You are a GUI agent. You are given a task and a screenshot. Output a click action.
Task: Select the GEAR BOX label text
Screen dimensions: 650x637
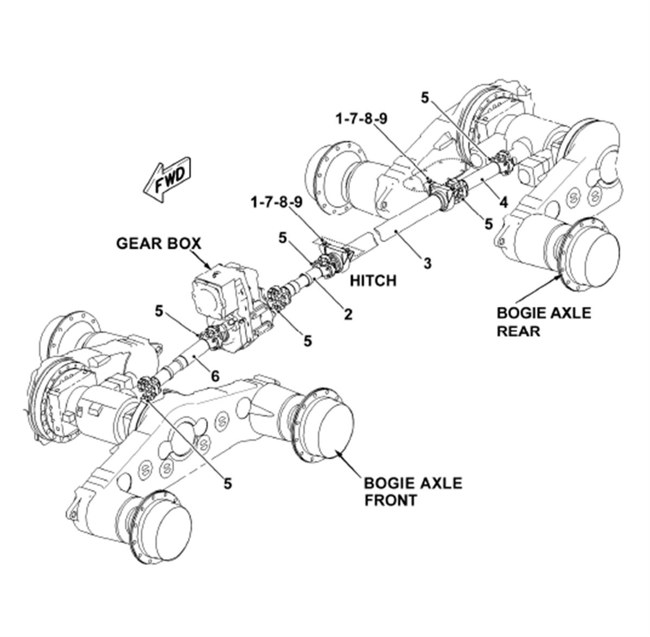[x=158, y=244]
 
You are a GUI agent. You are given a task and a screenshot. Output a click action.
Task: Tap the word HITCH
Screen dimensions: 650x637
[x=373, y=281]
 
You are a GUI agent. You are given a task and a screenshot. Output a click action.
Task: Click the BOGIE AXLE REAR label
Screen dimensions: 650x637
[x=544, y=322]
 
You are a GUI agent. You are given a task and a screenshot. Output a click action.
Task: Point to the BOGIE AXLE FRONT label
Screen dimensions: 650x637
[x=413, y=492]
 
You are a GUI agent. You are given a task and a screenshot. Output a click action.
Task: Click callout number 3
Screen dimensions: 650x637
[x=428, y=263]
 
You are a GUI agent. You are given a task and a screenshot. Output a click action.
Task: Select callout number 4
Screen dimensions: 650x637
[x=504, y=203]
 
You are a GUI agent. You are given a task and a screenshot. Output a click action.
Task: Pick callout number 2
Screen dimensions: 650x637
[x=348, y=314]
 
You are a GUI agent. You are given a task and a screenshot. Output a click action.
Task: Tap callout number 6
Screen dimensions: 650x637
[x=215, y=376]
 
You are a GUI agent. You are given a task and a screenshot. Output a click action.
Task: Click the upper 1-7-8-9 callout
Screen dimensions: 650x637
[x=361, y=119]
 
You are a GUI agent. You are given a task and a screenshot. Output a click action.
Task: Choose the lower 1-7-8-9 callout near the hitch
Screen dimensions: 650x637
[x=277, y=203]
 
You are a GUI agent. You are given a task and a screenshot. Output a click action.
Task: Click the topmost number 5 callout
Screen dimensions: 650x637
[x=425, y=98]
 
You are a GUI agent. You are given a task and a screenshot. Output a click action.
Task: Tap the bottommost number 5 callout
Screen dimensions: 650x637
[x=227, y=483]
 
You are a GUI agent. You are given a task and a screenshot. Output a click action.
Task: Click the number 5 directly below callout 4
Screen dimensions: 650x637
[x=489, y=224]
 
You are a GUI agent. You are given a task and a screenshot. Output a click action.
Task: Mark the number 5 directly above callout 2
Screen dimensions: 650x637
[x=283, y=238]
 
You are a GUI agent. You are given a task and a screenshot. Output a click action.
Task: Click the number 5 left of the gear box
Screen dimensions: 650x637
[x=159, y=311]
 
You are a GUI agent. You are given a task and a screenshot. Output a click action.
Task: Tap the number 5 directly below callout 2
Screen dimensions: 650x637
[x=307, y=340]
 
